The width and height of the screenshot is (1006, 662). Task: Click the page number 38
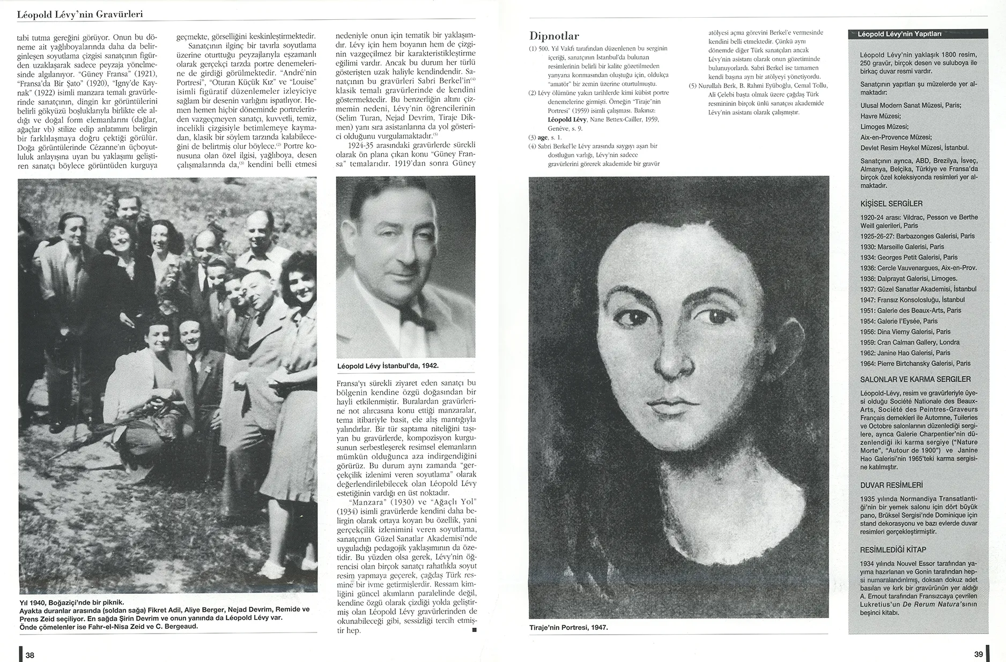point(30,655)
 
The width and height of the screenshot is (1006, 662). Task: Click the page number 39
point(978,654)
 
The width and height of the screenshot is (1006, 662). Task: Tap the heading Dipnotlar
point(554,36)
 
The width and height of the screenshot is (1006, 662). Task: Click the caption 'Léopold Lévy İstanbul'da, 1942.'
point(388,366)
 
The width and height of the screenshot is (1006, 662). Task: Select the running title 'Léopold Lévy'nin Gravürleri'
point(80,14)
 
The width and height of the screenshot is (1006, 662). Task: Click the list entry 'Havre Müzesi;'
point(880,116)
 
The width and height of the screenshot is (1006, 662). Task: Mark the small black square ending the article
point(473,630)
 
